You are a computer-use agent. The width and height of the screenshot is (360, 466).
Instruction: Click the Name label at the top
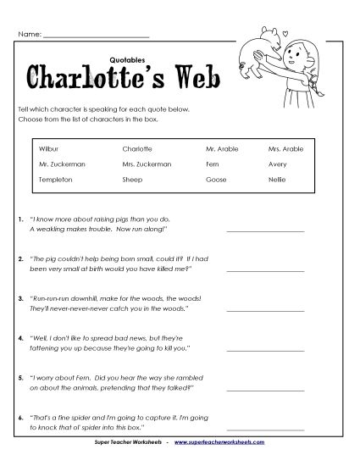(28, 36)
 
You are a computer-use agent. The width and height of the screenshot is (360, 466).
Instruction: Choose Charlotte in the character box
(137, 148)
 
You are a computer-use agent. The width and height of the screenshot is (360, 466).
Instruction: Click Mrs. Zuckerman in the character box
(147, 164)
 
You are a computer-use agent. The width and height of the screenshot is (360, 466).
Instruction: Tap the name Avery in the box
(290, 164)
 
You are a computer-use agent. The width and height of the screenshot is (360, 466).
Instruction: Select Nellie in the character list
(290, 180)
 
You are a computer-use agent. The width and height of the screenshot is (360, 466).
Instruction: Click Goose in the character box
(215, 180)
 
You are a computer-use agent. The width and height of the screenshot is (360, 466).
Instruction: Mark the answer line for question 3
(265, 309)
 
